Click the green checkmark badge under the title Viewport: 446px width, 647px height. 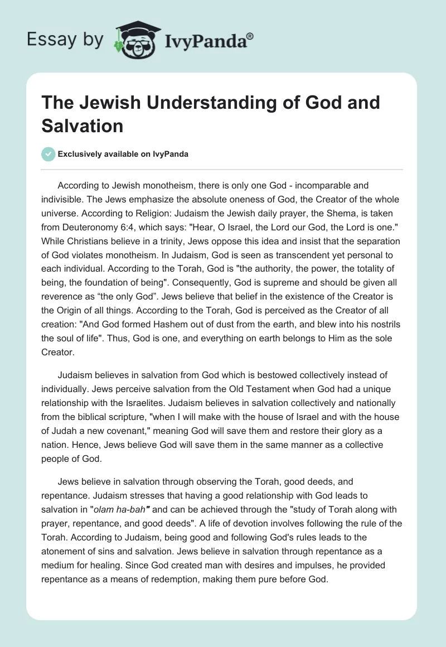point(49,154)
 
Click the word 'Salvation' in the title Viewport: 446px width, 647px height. point(82,126)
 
